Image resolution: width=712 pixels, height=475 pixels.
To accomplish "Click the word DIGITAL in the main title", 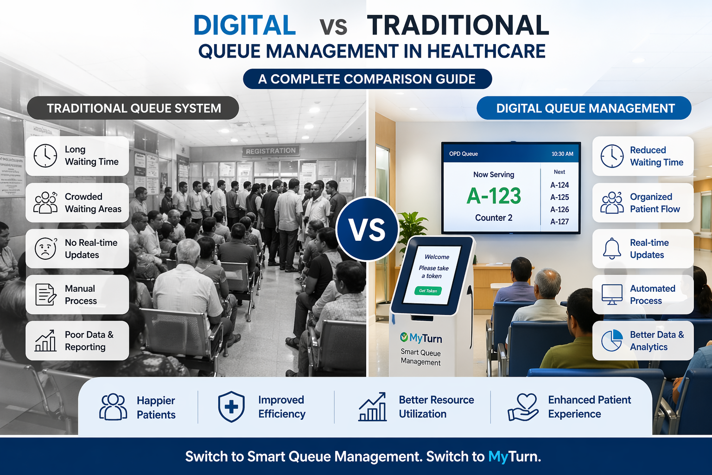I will pyautogui.click(x=244, y=26).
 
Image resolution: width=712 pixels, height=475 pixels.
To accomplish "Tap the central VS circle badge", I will pyautogui.click(x=367, y=229).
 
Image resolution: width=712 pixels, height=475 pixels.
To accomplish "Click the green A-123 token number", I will pyautogui.click(x=494, y=196).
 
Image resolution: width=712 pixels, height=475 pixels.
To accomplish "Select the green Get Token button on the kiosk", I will pyautogui.click(x=428, y=291).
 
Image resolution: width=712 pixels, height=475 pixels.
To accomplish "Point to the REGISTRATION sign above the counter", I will pyautogui.click(x=271, y=151).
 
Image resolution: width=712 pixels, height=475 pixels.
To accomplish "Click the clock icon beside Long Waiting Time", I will pyautogui.click(x=45, y=156).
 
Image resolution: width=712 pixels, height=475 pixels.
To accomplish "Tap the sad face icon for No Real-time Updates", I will pyautogui.click(x=45, y=249).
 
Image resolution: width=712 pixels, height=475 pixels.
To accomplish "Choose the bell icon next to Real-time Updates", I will pyautogui.click(x=612, y=249).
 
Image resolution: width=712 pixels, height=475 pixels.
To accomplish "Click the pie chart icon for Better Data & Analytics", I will pyautogui.click(x=612, y=340).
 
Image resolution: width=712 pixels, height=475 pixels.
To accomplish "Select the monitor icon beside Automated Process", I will pyautogui.click(x=612, y=295).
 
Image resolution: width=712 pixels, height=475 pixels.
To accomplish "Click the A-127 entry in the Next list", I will pyautogui.click(x=559, y=222).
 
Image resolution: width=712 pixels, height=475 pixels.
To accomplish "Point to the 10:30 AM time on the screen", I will pyautogui.click(x=562, y=154).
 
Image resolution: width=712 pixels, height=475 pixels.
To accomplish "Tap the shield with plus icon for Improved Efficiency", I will pyautogui.click(x=231, y=407).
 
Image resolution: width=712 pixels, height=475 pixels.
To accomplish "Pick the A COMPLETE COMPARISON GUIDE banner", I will pyautogui.click(x=367, y=79).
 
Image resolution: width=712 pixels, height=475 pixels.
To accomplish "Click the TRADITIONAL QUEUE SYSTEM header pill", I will pyautogui.click(x=133, y=108).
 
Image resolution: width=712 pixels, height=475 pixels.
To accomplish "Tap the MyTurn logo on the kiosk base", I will pyautogui.click(x=421, y=338).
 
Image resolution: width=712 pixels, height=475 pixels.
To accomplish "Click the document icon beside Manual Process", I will pyautogui.click(x=45, y=295).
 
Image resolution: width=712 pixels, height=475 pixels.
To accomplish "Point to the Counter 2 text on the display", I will pyautogui.click(x=494, y=218).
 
